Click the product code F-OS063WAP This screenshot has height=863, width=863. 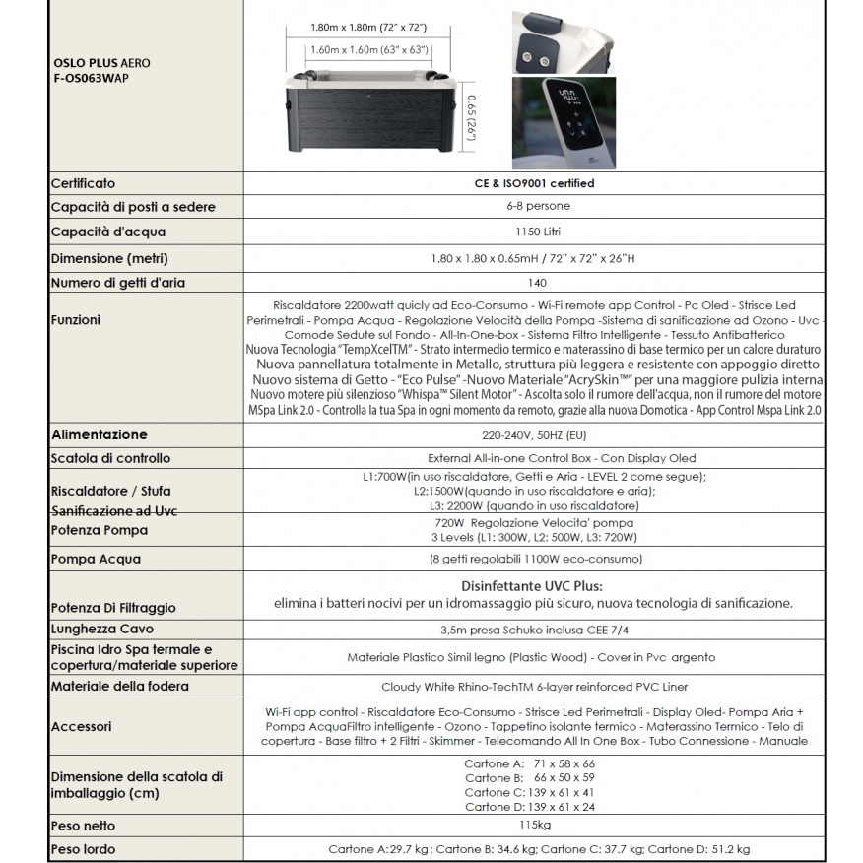pyautogui.click(x=90, y=78)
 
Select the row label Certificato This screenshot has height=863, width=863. pyautogui.click(x=83, y=183)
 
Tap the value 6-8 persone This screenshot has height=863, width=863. pyautogui.click(x=534, y=207)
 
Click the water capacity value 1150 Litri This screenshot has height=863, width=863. pyautogui.click(x=534, y=232)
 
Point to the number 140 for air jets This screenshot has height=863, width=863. pyautogui.click(x=534, y=283)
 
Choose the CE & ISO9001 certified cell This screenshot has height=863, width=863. pyautogui.click(x=534, y=183)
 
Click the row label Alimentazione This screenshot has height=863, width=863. pyautogui.click(x=100, y=434)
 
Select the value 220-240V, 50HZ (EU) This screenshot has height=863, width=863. pyautogui.click(x=534, y=434)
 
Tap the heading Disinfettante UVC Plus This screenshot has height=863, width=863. pyautogui.click(x=533, y=585)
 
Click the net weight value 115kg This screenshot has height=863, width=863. pyautogui.click(x=534, y=826)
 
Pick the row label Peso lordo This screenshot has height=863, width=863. pyautogui.click(x=83, y=849)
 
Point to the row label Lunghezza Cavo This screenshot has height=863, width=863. pyautogui.click(x=102, y=629)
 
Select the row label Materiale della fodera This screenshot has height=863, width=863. pyautogui.click(x=119, y=686)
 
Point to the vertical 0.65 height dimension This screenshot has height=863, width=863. pyautogui.click(x=471, y=116)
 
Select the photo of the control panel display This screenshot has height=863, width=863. pyautogui.click(x=564, y=125)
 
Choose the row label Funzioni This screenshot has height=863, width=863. pyautogui.click(x=75, y=320)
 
